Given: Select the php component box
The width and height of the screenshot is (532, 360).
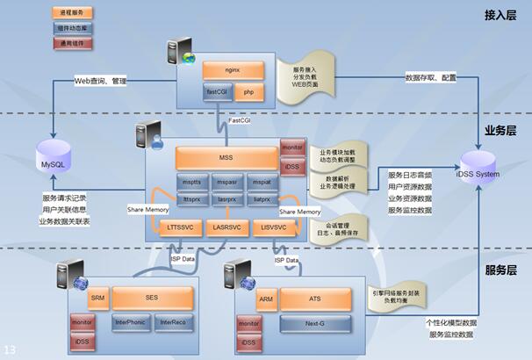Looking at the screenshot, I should pos(248,90).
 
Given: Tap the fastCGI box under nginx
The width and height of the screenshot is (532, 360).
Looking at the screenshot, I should pos(218,90).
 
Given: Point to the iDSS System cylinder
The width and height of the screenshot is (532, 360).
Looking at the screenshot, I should pos(477,164).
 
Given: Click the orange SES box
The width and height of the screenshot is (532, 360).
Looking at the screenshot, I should pos(151,299).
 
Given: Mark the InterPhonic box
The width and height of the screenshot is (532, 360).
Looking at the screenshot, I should pos(131,322).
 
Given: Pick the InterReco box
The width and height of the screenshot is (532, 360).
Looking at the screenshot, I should pos(172,322).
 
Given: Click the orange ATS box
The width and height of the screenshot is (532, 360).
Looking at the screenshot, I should pos(314,299).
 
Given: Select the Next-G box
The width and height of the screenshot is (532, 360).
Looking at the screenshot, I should pos(314,323).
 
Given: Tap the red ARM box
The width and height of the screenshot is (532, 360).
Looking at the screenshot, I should pos(267,299).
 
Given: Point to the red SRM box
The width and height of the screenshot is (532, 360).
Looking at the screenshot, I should pos(98,299).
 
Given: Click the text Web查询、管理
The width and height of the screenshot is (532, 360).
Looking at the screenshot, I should pos(101,81).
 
